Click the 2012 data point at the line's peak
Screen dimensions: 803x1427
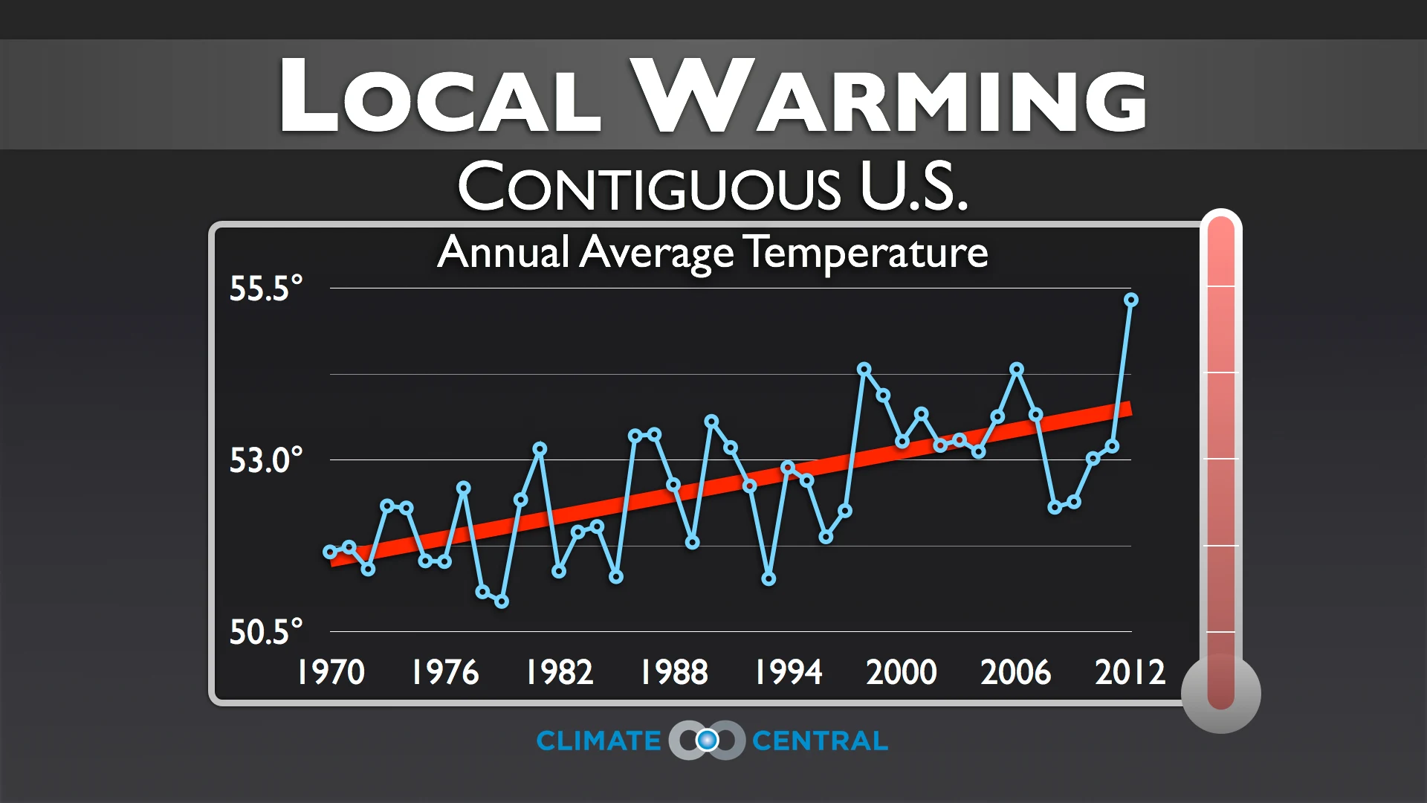point(1131,300)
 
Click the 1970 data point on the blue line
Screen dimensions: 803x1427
point(330,552)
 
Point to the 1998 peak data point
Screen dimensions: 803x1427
point(864,369)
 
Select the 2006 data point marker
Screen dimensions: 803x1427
point(1017,369)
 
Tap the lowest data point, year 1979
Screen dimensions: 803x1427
point(502,602)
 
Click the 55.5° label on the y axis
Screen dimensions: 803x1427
point(265,288)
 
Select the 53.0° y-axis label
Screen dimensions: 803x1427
point(265,460)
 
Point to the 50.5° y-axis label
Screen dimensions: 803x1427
point(265,632)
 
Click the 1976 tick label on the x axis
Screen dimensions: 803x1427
point(444,672)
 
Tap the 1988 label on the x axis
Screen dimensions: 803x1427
point(673,672)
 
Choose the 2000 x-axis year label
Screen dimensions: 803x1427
point(901,672)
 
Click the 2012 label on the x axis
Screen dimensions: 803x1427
point(1130,672)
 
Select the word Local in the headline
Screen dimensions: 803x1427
point(440,97)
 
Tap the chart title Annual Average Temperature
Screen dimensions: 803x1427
point(712,253)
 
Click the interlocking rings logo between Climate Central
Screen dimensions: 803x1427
point(707,740)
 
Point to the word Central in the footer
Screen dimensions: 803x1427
point(820,741)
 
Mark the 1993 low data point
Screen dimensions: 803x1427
point(768,579)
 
